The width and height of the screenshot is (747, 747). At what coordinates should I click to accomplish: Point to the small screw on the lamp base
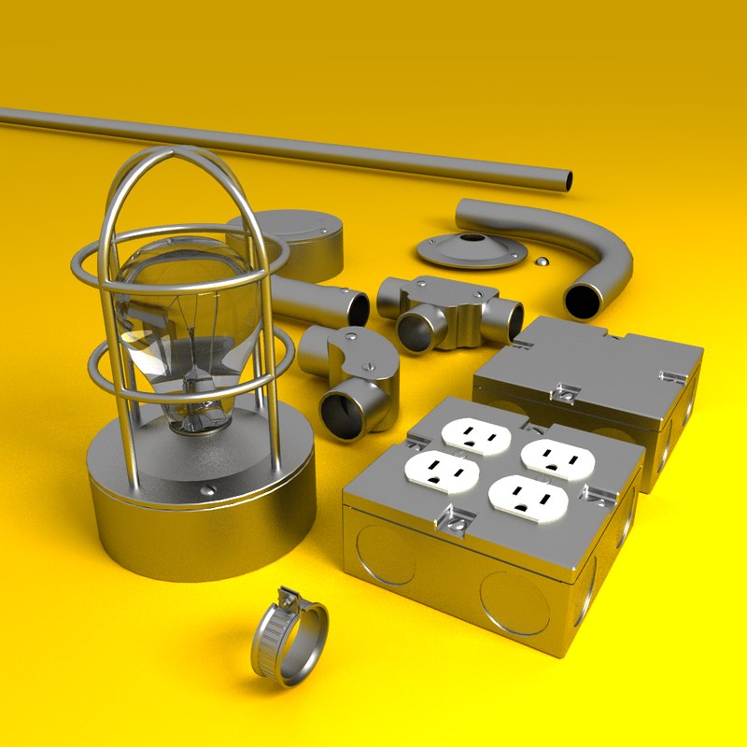click(207, 487)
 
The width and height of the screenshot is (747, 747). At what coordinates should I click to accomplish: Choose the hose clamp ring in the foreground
click(289, 640)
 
